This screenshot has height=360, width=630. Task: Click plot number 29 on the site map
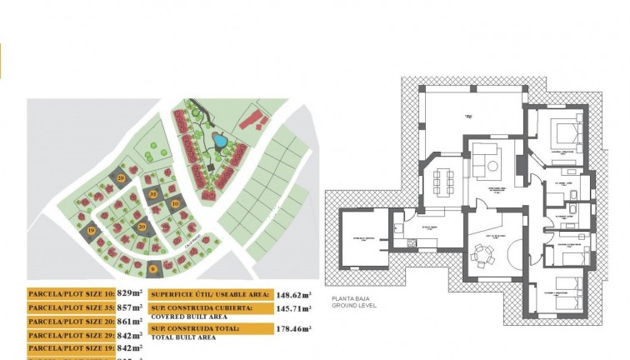[122, 177]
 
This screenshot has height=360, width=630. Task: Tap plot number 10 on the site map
[175, 202]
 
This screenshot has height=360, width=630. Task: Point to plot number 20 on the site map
[142, 227]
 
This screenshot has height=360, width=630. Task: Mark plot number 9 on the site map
[153, 268]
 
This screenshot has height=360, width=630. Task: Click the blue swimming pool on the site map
[219, 141]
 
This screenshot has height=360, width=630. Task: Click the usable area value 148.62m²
[293, 294]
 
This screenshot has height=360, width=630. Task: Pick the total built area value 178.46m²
[293, 329]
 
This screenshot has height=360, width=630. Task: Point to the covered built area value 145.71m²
[293, 308]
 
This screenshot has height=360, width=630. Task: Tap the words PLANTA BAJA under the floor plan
[347, 297]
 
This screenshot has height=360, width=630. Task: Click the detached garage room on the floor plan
[364, 237]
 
